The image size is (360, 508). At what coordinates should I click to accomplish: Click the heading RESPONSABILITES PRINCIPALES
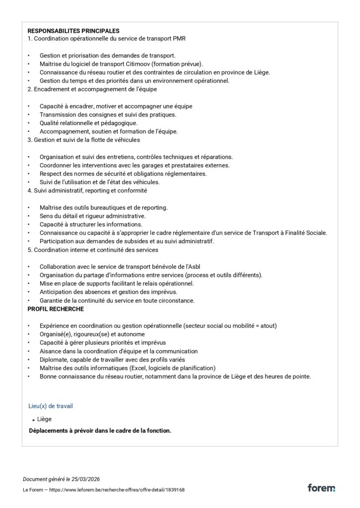coord(73,31)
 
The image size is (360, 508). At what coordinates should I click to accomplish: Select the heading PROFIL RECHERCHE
coord(56,309)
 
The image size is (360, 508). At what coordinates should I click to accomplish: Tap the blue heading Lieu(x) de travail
coord(51,406)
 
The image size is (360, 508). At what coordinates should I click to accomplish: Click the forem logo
coord(321,488)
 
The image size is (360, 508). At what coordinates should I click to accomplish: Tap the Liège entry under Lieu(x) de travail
coord(44,419)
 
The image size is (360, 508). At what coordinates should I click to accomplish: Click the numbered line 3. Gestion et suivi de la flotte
coord(83,140)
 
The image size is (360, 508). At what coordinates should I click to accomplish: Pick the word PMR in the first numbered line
coord(179,39)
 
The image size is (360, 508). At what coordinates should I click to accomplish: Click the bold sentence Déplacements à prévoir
coord(100,431)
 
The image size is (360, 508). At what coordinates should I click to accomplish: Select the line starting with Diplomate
coord(112,360)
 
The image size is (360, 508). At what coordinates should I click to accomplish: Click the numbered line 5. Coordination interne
coord(93,250)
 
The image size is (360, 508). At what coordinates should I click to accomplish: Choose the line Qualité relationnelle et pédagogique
coord(89,123)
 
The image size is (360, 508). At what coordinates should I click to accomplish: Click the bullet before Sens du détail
coord(29,216)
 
